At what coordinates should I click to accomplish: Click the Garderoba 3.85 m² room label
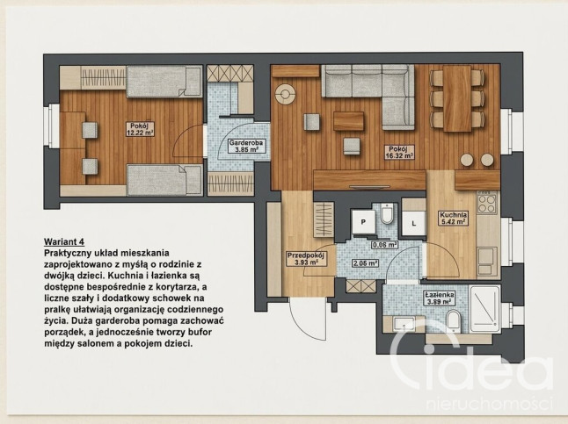(x=245, y=146)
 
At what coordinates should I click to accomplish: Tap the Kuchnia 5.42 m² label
(x=453, y=219)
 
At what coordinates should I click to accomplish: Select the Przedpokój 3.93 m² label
(x=307, y=259)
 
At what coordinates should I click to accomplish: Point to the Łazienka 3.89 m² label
(x=440, y=298)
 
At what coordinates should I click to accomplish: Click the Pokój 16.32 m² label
(x=399, y=153)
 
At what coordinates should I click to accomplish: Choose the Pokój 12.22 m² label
(x=140, y=129)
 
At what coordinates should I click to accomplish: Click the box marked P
(x=363, y=222)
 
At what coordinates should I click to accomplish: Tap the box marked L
(x=414, y=223)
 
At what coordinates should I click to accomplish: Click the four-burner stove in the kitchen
(x=488, y=204)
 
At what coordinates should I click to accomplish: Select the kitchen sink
(x=486, y=262)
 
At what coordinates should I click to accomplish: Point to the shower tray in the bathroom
(x=484, y=309)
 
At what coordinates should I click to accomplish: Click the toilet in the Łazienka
(x=453, y=321)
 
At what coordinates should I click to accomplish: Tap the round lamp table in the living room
(x=285, y=95)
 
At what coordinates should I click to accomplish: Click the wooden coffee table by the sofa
(x=348, y=121)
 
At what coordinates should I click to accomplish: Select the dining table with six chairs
(x=457, y=98)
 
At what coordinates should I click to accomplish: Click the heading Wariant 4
(x=64, y=241)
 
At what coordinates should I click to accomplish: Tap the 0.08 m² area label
(x=385, y=245)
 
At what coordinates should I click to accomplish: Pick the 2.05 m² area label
(x=365, y=263)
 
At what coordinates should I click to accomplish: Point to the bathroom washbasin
(x=404, y=323)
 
